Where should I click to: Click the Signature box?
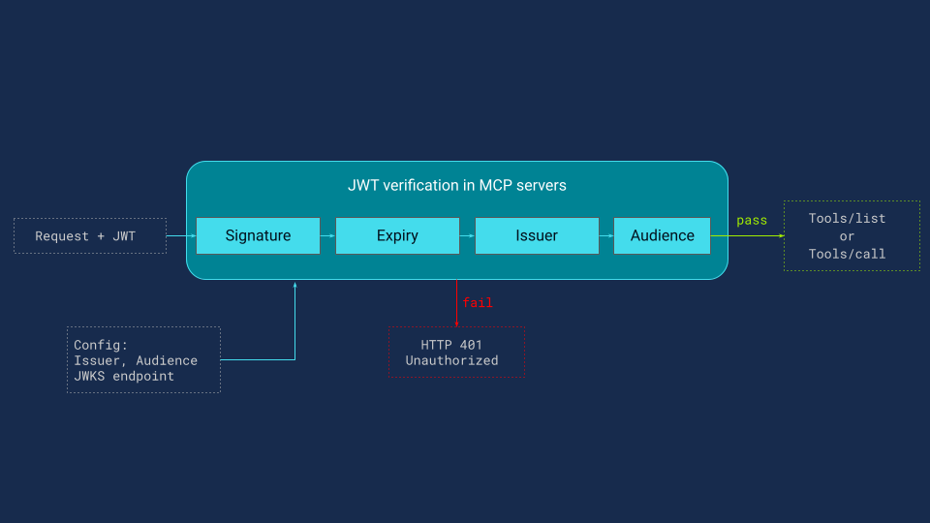(258, 235)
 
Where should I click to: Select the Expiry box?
(397, 235)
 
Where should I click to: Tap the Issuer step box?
(536, 235)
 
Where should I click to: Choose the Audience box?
(662, 235)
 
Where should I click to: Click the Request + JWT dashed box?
(90, 235)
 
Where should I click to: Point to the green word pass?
(752, 221)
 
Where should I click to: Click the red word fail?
(478, 303)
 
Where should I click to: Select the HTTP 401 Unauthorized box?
(456, 353)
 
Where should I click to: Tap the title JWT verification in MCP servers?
(456, 185)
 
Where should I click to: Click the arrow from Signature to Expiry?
(327, 235)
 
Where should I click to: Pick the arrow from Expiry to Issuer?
(467, 235)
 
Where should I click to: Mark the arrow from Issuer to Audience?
(605, 235)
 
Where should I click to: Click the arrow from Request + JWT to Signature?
(181, 235)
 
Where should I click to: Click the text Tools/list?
(848, 219)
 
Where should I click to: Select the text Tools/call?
(848, 254)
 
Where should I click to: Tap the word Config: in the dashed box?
(101, 345)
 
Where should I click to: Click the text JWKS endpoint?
(124, 376)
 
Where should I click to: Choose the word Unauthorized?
(451, 360)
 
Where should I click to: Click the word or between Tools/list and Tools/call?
(848, 236)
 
